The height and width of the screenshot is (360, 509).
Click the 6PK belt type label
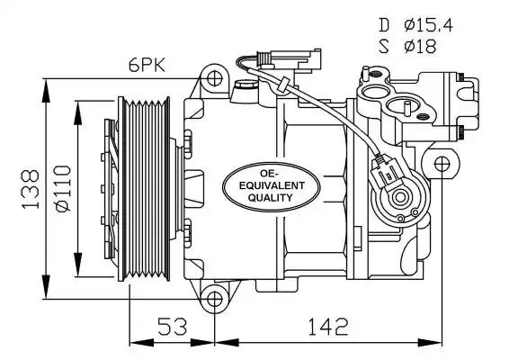(147, 66)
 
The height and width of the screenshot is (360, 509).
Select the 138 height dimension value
(31, 188)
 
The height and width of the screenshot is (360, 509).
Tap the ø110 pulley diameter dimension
(63, 189)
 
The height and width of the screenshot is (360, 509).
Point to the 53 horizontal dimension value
(173, 327)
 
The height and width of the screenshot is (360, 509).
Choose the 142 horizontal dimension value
(328, 327)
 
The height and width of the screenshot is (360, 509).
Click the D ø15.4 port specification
(415, 25)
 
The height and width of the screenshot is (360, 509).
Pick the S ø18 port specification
(407, 46)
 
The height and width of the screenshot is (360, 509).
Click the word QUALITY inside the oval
(271, 197)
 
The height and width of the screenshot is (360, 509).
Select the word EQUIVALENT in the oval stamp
(272, 185)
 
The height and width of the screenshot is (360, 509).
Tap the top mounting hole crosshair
(214, 78)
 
